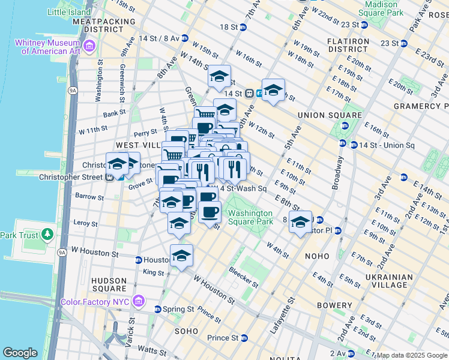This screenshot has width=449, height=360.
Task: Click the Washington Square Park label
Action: [250, 217]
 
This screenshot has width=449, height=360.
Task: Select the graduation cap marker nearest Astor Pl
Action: [300, 223]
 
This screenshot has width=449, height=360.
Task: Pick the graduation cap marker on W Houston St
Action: [181, 256]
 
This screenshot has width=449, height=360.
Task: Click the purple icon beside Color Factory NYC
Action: [139, 299]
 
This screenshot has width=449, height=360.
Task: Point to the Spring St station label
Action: [179, 310]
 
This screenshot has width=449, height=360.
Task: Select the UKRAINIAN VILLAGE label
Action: [388, 281]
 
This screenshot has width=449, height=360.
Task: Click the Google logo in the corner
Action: [20, 353]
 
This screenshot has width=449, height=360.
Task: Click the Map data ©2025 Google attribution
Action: [412, 355]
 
